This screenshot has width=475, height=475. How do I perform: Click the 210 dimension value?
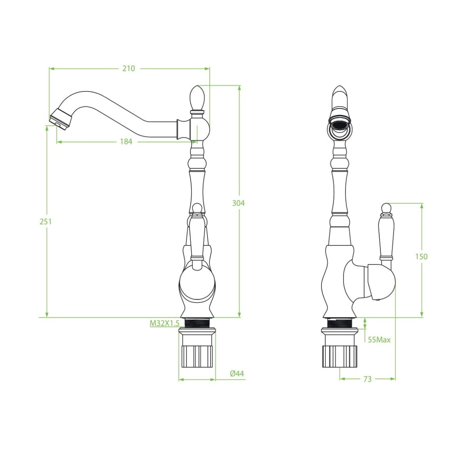(x=129, y=68)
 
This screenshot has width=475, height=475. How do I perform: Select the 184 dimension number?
(x=126, y=141)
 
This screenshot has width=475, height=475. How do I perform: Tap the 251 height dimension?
(x=46, y=222)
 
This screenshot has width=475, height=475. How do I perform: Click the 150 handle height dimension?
(x=421, y=256)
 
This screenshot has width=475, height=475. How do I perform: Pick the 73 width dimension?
(x=367, y=379)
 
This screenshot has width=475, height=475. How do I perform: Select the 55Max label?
(x=379, y=340)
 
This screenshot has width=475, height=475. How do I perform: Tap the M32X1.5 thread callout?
(x=164, y=323)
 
